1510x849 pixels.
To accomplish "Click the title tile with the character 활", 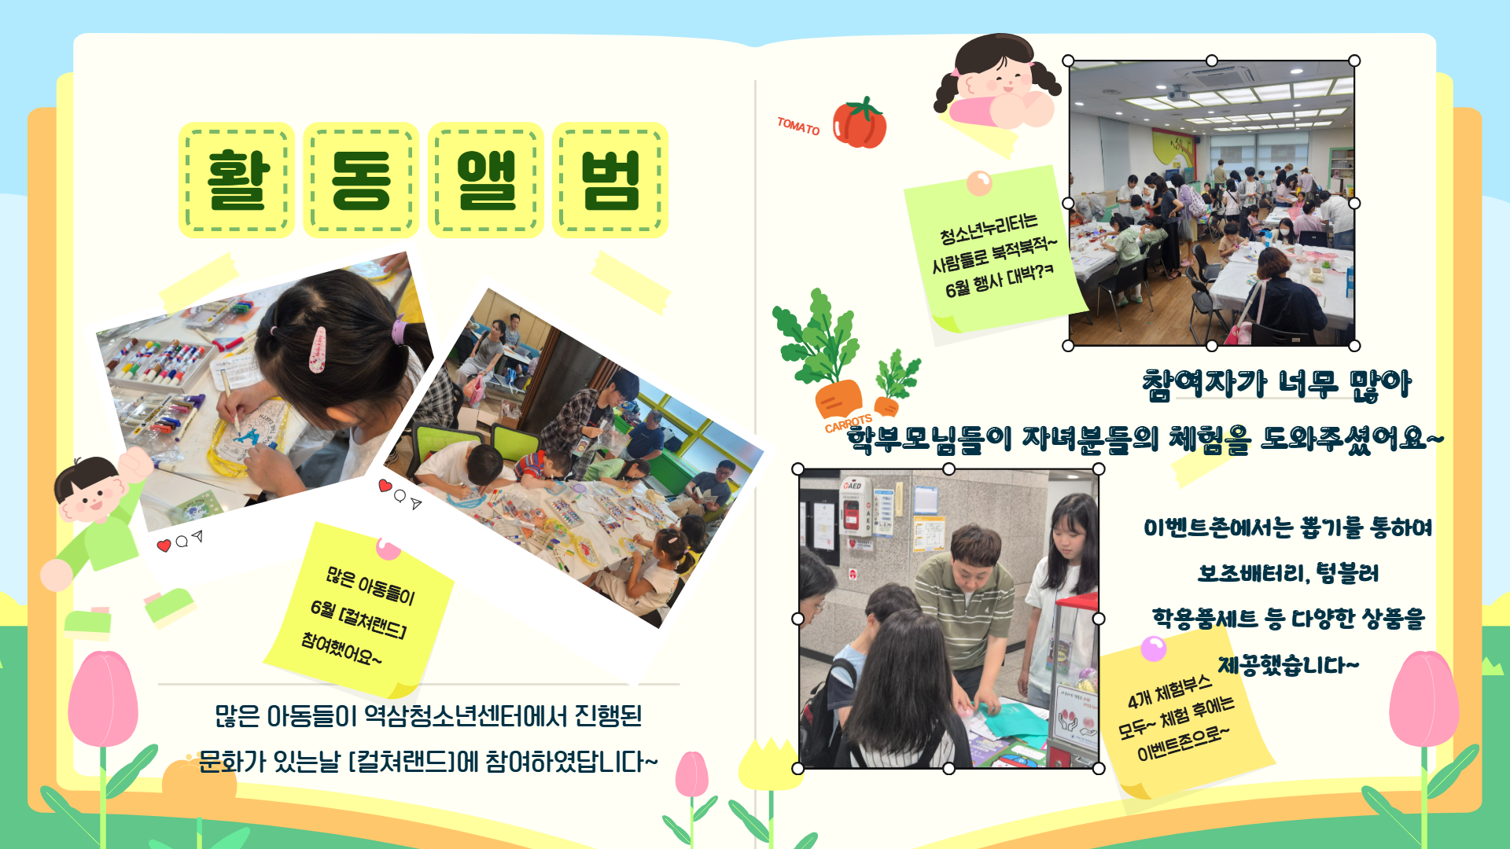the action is coord(237,180).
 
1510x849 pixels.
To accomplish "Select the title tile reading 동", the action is coord(361,180).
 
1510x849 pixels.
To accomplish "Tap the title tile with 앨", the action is coord(486,180).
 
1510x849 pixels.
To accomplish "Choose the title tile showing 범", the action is coord(610,180).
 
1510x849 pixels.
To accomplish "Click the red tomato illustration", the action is coord(860,123).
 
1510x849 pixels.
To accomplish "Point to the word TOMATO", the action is coord(798,126).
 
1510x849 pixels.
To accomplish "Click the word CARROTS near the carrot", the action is coord(849,424).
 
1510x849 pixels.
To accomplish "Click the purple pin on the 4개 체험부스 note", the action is coord(1154,649).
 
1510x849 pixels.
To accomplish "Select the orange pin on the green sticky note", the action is coord(979,183).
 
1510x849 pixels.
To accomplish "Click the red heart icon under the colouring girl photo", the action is coord(164,546).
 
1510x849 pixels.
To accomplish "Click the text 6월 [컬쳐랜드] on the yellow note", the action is coord(359,618).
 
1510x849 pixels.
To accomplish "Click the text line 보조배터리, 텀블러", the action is coord(1288,573).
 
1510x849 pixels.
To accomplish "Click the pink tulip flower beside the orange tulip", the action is coord(692,774).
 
